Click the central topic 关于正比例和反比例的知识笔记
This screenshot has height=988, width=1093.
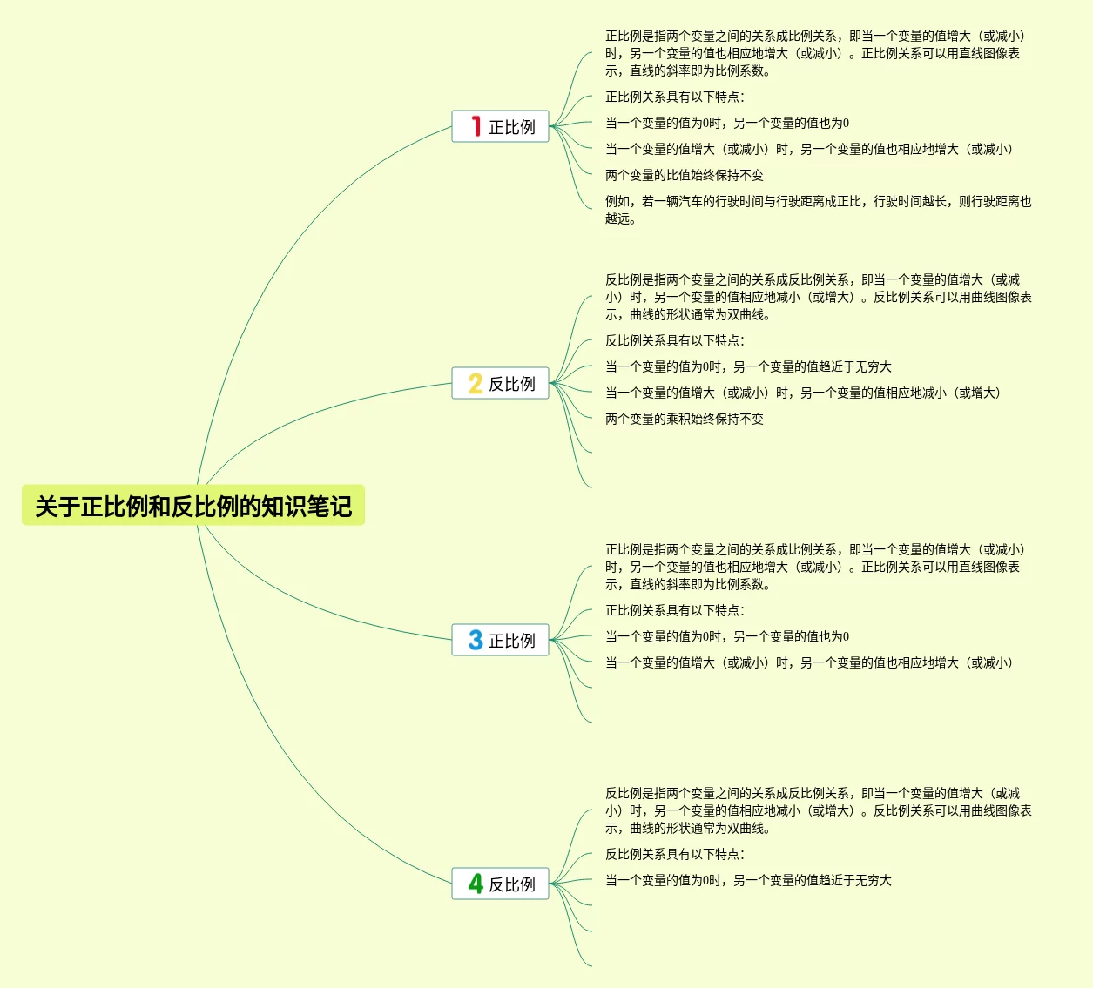coord(193,506)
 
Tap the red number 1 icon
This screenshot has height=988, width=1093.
coord(476,127)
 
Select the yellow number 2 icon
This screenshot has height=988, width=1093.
coord(476,384)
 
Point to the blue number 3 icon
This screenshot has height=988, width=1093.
coord(476,641)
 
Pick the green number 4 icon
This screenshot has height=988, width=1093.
coord(476,884)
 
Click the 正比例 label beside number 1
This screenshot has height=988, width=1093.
coord(512,127)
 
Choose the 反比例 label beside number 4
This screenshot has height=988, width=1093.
coord(512,884)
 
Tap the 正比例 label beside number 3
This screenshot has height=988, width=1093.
coord(512,641)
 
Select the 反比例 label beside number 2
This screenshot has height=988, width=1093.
coord(512,384)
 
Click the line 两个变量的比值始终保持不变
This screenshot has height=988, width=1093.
coord(685,175)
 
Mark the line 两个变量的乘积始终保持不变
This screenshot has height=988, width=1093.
coord(685,419)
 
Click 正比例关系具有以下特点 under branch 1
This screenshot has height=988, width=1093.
coord(675,97)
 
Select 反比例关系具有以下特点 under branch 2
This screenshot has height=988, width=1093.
coord(675,340)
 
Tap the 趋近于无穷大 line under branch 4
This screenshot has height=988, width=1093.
coord(748,880)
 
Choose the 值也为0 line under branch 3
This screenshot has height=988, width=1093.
coord(727,636)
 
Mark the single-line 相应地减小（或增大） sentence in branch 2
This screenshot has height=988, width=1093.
coord(803,393)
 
